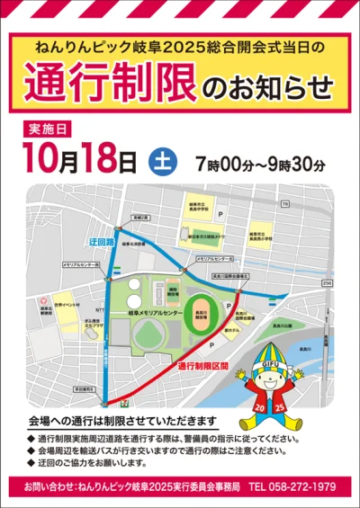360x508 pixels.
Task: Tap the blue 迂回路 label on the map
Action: tap(101, 243)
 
